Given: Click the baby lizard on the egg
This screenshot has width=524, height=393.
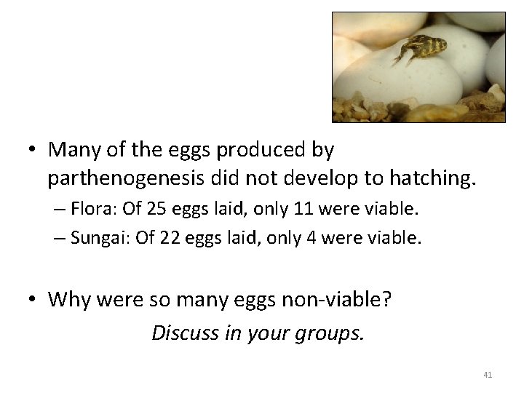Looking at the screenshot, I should pyautogui.click(x=421, y=49).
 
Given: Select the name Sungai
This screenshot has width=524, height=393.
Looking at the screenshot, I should pyautogui.click(x=98, y=237).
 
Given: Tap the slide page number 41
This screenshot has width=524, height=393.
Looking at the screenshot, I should pyautogui.click(x=488, y=375).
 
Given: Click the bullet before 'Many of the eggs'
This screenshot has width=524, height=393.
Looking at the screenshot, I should pyautogui.click(x=31, y=151).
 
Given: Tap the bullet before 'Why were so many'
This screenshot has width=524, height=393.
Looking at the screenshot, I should pyautogui.click(x=31, y=300).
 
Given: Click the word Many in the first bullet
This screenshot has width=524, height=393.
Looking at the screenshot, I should pyautogui.click(x=72, y=150).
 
